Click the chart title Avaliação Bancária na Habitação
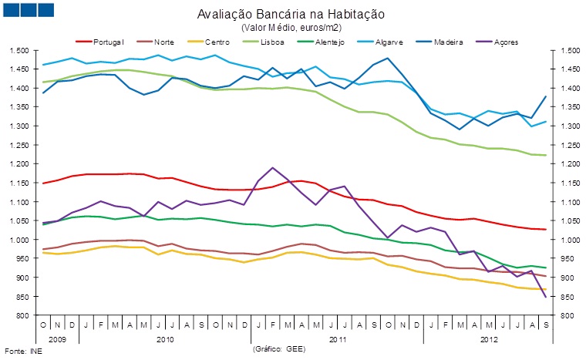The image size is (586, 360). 291,15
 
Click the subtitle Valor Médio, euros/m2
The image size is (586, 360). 291,27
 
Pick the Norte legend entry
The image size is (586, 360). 163,40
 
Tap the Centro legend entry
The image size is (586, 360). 217,40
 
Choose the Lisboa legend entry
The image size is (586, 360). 273,40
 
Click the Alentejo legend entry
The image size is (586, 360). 332,40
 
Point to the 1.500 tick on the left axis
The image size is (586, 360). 20,50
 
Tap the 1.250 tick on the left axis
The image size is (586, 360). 20,145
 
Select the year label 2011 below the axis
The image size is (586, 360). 336,338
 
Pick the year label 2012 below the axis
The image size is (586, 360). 489,338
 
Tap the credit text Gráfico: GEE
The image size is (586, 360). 280,349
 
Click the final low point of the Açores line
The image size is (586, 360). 546,297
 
